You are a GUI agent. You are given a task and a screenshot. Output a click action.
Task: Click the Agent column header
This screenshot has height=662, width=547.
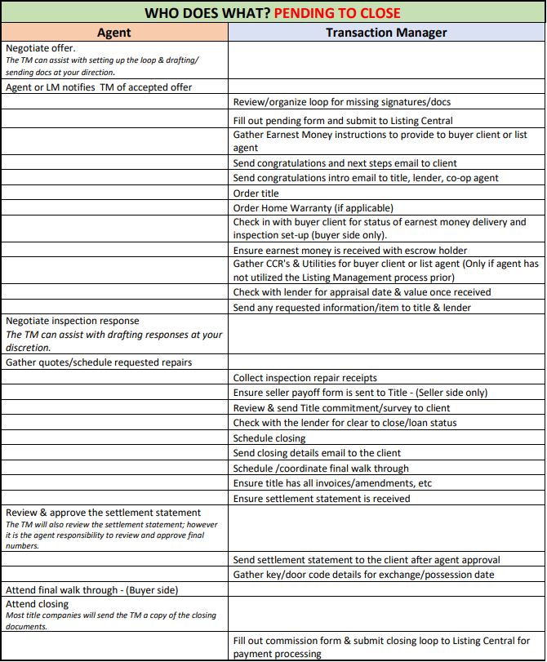pos(113,33)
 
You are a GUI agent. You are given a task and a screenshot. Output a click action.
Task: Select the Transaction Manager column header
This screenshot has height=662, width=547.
pos(386,33)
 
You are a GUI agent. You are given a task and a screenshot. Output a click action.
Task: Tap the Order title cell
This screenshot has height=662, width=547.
pos(256,193)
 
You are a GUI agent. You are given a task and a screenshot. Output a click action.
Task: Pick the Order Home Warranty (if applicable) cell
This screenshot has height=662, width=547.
pos(313,208)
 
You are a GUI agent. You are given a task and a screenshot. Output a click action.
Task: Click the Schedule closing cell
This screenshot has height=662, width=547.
pos(269,438)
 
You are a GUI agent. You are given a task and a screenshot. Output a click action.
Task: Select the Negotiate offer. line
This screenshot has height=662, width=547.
pos(40,48)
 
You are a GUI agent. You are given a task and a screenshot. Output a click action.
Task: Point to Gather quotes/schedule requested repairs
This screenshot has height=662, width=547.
pos(98,362)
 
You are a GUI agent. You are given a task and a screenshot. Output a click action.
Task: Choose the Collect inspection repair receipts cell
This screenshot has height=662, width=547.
pos(305,378)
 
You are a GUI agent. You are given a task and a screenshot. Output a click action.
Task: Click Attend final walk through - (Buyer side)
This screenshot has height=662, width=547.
pos(91,590)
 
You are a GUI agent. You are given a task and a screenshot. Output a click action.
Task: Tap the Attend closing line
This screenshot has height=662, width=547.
pos(37,604)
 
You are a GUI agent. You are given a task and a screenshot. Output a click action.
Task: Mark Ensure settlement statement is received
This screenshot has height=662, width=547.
pos(321,499)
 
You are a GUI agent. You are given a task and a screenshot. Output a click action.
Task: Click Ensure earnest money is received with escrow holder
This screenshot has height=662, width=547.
pos(350,251)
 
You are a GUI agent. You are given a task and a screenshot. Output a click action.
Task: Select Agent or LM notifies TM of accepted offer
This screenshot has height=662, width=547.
pos(99,87)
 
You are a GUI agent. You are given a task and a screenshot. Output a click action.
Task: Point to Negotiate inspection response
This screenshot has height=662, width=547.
pos(73,321)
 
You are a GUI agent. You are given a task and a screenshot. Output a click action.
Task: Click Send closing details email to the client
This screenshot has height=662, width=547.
pos(317,453)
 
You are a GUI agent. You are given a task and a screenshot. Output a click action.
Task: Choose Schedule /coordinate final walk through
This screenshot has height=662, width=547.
pos(321,469)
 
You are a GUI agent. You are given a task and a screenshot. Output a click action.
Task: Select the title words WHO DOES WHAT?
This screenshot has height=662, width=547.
pos(207,13)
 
